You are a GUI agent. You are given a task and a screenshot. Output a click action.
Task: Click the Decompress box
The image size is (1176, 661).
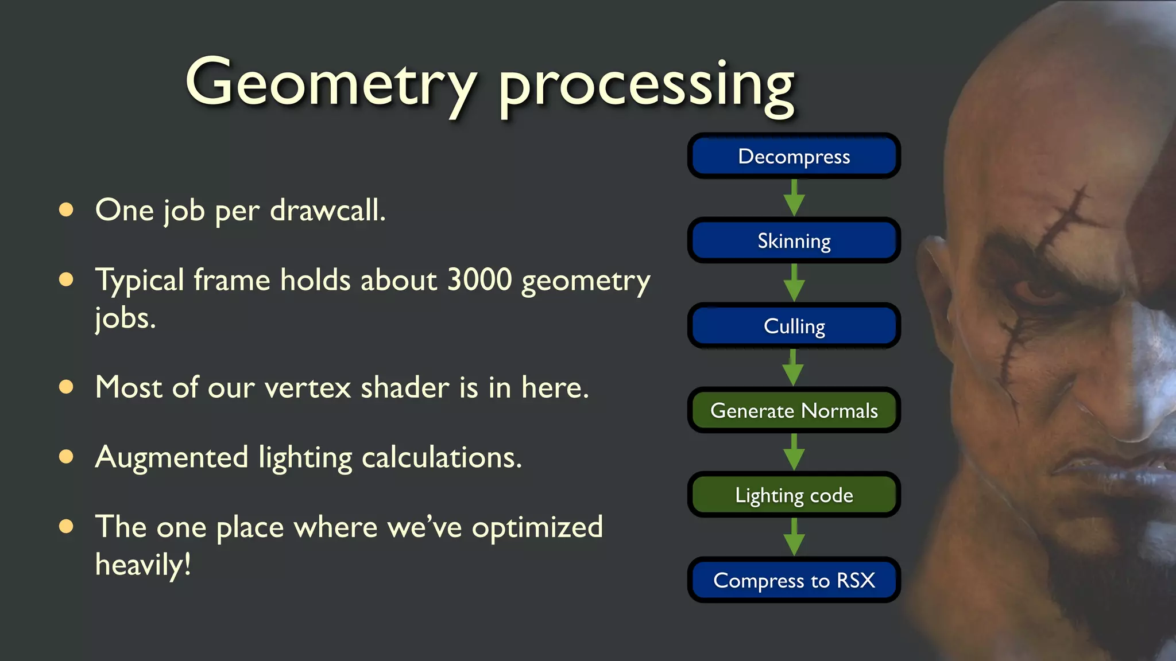coord(794,156)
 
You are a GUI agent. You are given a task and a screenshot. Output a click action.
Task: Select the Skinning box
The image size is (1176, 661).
coord(794,240)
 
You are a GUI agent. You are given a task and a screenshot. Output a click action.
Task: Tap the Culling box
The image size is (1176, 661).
coord(794,325)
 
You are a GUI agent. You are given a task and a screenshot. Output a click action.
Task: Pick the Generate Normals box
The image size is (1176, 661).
coord(794,410)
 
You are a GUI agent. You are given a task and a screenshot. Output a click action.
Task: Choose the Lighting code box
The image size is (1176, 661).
coord(794,495)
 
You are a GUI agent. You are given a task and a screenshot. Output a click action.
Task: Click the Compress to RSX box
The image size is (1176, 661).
coord(794,580)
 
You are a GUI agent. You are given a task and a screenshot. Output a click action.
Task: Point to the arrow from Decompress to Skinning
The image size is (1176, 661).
coord(794,198)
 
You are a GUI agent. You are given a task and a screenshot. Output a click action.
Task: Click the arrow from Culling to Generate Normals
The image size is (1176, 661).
coord(793,368)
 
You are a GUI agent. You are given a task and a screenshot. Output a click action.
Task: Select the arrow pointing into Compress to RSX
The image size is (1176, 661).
coord(794,537)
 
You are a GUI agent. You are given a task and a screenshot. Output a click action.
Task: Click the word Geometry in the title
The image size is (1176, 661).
coord(331,83)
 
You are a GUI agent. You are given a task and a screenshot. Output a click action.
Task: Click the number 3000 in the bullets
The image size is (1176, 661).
coord(479,280)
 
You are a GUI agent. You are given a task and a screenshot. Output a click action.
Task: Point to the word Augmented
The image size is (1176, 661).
coord(172,457)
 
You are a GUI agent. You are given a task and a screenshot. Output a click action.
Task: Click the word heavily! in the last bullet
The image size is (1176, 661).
coord(143,565)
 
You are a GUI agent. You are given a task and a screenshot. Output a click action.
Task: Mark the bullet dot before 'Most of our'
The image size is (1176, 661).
coord(67,387)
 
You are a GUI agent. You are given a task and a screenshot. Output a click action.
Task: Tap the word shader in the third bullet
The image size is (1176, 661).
coord(404,387)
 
